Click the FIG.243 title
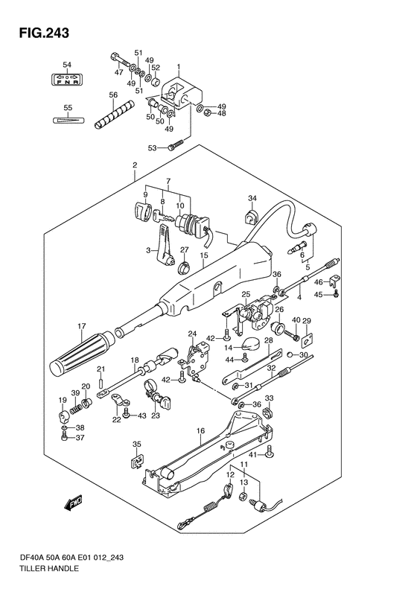(x=45, y=33)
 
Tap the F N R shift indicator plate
(x=67, y=79)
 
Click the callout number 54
(x=67, y=65)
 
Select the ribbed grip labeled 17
(x=81, y=353)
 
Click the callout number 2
(x=135, y=165)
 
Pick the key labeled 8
(x=162, y=216)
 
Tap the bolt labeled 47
(x=120, y=60)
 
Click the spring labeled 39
(x=76, y=404)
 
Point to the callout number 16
(x=200, y=431)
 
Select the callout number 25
(x=246, y=294)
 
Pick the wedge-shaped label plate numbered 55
(x=67, y=120)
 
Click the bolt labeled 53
(x=175, y=145)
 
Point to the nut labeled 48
(x=207, y=113)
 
